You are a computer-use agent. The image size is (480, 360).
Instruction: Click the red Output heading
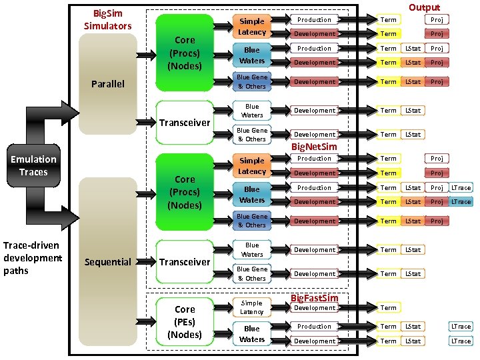pos(424,7)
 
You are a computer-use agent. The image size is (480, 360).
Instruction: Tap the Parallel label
pos(107,84)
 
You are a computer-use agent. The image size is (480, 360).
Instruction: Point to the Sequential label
pos(107,262)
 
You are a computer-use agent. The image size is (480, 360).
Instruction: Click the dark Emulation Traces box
pos(33,165)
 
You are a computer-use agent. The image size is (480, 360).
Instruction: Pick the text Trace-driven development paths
pos(33,257)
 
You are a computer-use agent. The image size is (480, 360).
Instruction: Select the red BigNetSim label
pos(314,146)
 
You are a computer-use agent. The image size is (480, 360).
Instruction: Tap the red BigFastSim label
pos(315,297)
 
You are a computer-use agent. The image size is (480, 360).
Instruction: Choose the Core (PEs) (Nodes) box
pos(185,322)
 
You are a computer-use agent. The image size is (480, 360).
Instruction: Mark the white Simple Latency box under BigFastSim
pos(252,307)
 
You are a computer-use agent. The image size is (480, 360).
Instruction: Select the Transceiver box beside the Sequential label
pos(185,262)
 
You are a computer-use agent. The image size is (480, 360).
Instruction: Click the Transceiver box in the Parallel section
pos(185,123)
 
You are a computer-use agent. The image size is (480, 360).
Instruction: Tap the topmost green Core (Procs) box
pos(185,53)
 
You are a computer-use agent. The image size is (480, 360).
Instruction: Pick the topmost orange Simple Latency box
pos(252,27)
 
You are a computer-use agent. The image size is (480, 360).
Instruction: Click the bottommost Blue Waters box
pos(252,334)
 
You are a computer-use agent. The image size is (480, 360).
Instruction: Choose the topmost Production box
pos(314,19)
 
